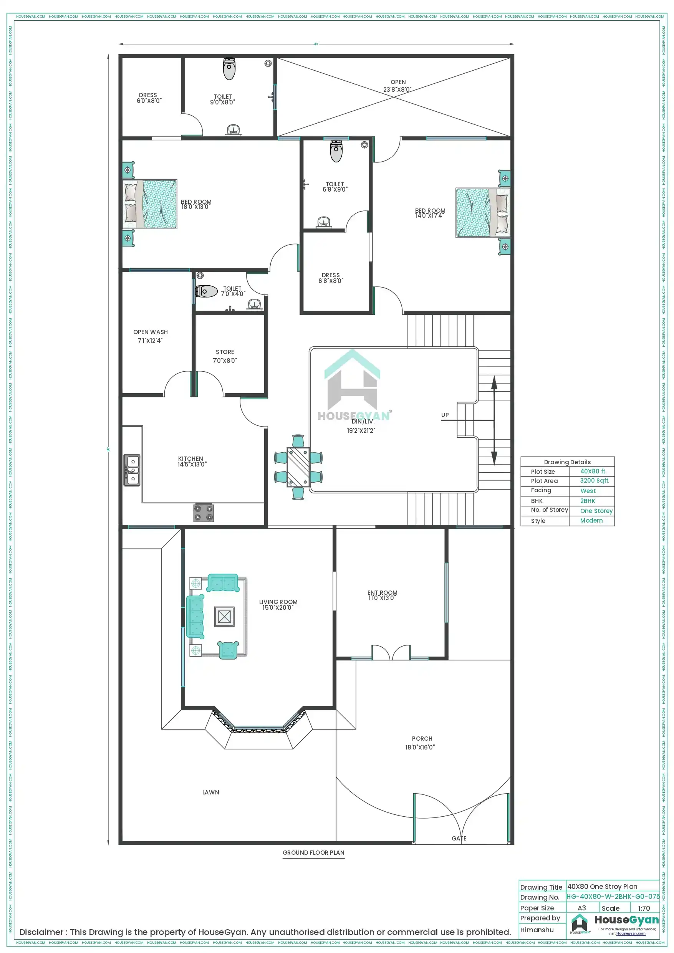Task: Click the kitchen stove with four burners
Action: tap(204, 512)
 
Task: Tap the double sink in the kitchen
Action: tap(132, 470)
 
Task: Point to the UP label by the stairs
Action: tap(445, 415)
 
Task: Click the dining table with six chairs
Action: tap(298, 467)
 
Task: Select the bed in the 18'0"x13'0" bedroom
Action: tap(150, 204)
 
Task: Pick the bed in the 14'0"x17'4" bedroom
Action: tap(483, 212)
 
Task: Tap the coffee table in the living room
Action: tap(224, 616)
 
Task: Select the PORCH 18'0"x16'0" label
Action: tap(421, 743)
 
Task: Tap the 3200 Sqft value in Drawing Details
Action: tap(594, 480)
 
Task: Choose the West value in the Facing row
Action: tap(588, 491)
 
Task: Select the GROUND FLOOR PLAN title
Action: tap(313, 852)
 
